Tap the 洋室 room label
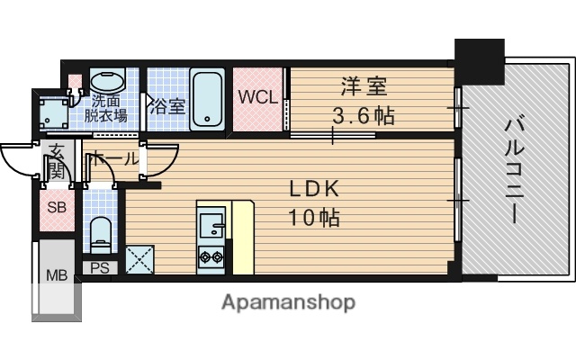tap(363, 87)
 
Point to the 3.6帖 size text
tap(363, 116)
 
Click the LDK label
tap(313, 189)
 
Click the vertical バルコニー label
tap(515, 170)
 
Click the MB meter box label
tap(56, 275)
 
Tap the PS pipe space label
tap(100, 267)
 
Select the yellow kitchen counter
tap(243, 236)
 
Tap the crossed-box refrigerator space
tap(140, 259)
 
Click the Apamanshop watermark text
tap(288, 301)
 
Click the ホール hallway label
tap(113, 159)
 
